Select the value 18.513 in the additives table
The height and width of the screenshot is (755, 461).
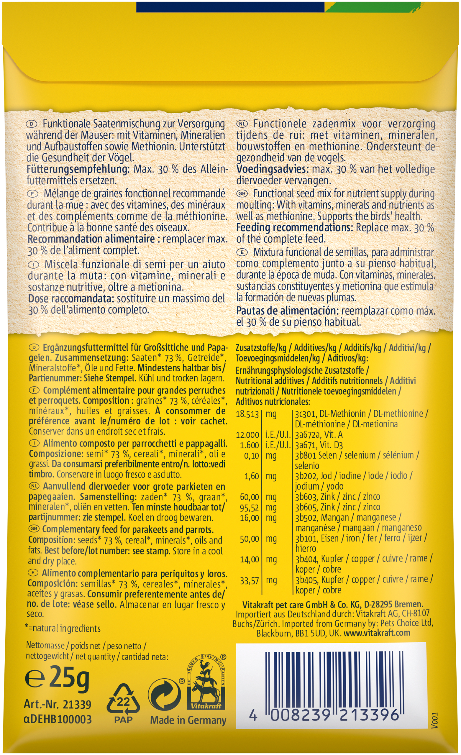(x=247, y=414)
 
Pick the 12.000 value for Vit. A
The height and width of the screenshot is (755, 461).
(x=247, y=435)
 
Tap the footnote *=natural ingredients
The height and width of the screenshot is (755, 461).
(x=63, y=628)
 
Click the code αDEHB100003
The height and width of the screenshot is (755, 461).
(x=58, y=719)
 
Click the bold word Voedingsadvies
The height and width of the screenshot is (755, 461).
(x=273, y=169)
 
